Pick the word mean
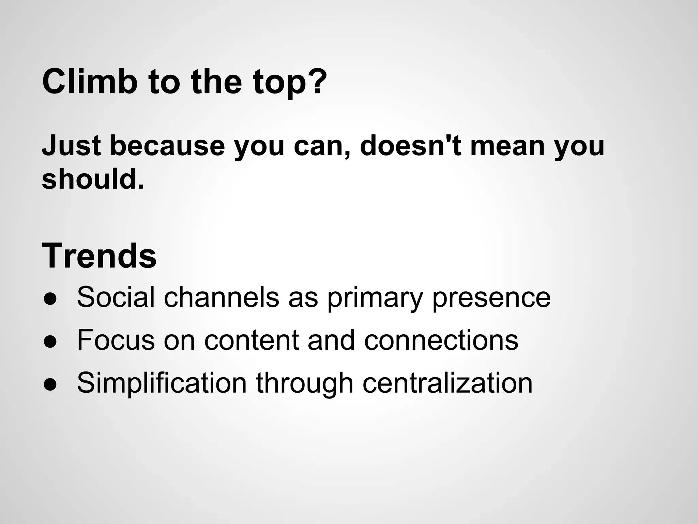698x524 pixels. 507,146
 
